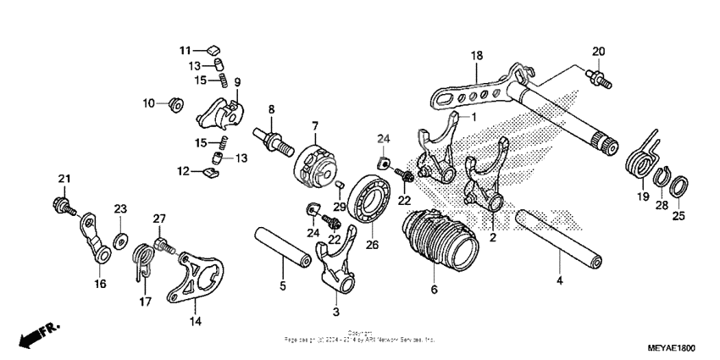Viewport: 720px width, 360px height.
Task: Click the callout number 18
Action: tap(477, 55)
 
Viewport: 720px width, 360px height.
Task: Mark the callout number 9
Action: tap(238, 82)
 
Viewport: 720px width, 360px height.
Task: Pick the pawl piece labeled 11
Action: tap(213, 48)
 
